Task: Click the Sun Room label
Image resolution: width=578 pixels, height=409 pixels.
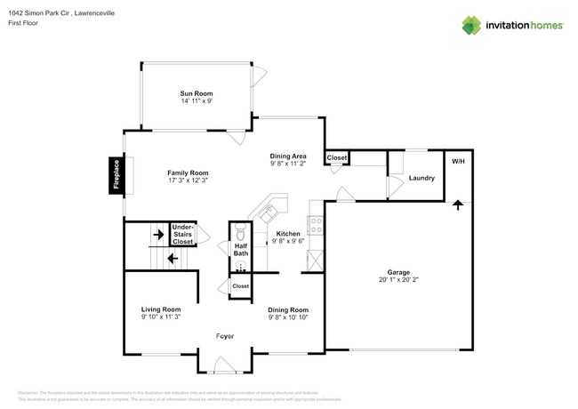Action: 196,93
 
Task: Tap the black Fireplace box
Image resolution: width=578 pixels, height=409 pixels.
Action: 116,175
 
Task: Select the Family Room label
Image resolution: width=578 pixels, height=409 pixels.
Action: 188,172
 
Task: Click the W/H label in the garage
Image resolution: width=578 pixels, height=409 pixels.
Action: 458,162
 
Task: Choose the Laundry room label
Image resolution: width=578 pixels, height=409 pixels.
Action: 421,178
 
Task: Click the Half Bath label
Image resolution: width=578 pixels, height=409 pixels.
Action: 241,250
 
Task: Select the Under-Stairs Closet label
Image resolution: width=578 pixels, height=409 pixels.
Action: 182,234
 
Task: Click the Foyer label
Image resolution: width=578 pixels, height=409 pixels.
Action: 224,335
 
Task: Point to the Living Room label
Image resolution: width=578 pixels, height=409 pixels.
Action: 160,309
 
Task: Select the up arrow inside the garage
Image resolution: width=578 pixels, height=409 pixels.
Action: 458,204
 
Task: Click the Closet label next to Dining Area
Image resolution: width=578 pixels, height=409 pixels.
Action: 337,157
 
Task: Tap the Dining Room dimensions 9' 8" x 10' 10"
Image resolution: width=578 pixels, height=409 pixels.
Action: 288,317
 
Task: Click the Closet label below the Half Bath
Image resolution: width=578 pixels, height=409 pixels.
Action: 240,286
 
